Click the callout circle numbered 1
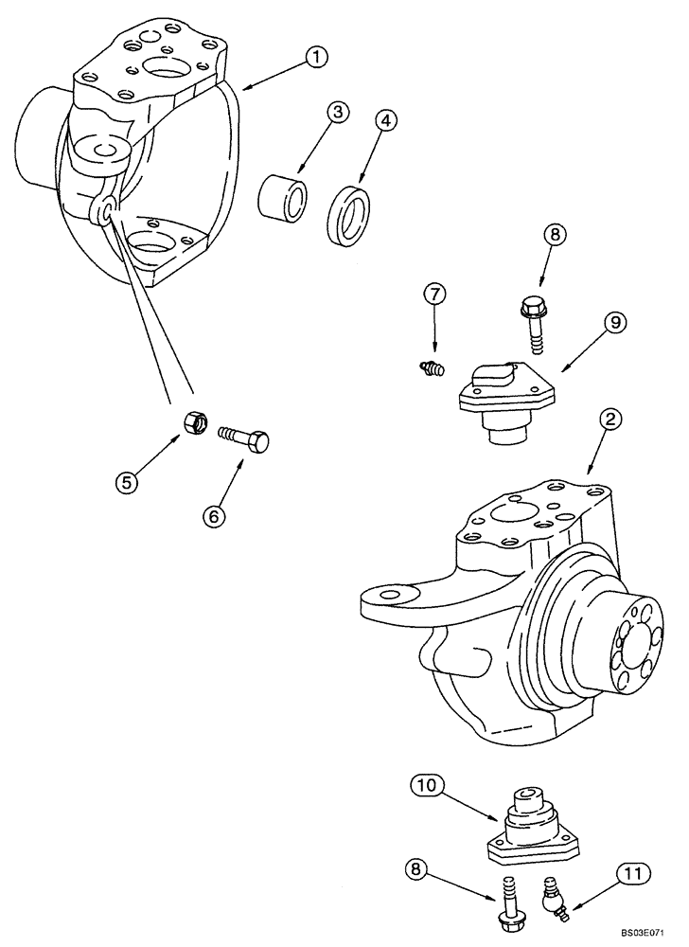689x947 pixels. (316, 58)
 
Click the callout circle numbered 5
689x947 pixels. (126, 481)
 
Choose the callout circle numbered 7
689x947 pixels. (434, 296)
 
